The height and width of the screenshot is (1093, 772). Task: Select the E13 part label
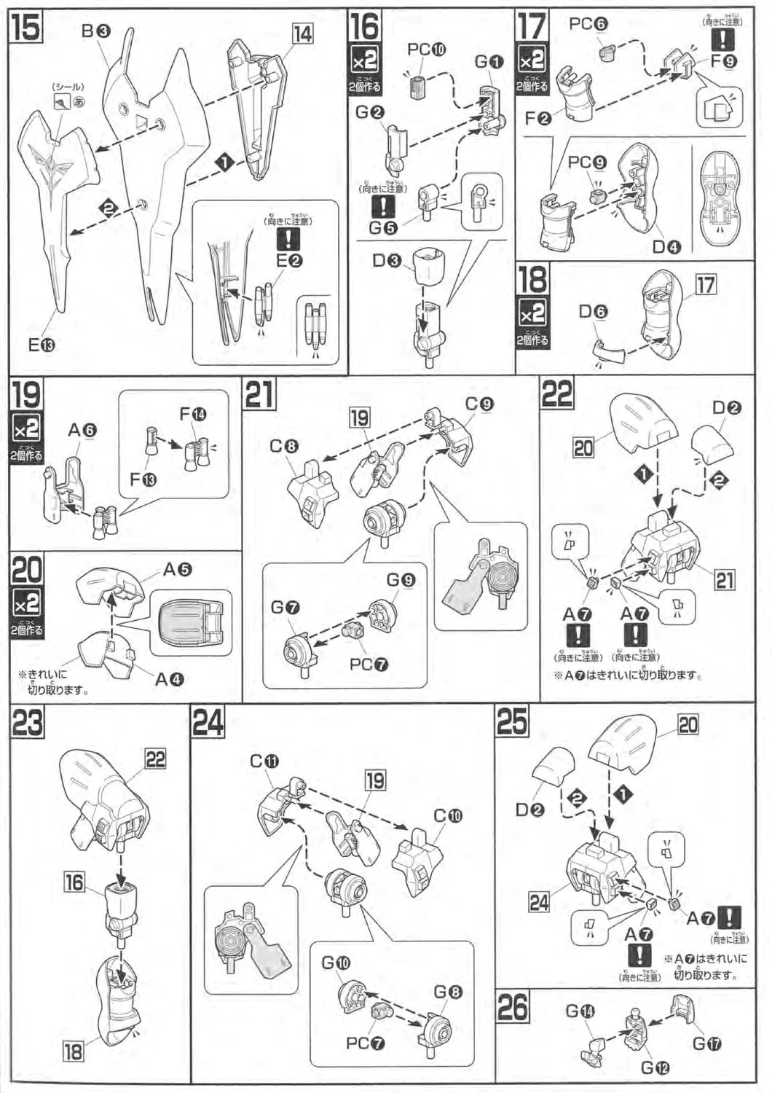pos(42,345)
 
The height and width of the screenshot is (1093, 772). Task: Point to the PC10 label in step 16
pos(427,50)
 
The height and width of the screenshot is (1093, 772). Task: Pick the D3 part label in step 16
pos(387,259)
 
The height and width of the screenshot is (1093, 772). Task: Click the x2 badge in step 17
pos(532,59)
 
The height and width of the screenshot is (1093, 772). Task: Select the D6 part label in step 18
pos(593,312)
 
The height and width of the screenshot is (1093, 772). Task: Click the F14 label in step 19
pos(192,414)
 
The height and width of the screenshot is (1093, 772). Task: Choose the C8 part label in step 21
pos(285,446)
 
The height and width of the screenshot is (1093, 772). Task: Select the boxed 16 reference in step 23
pos(74,882)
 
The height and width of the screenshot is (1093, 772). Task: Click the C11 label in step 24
pos(264,761)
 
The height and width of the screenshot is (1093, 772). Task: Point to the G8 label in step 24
pos(448,992)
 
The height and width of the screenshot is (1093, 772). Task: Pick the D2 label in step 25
pos(530,810)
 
